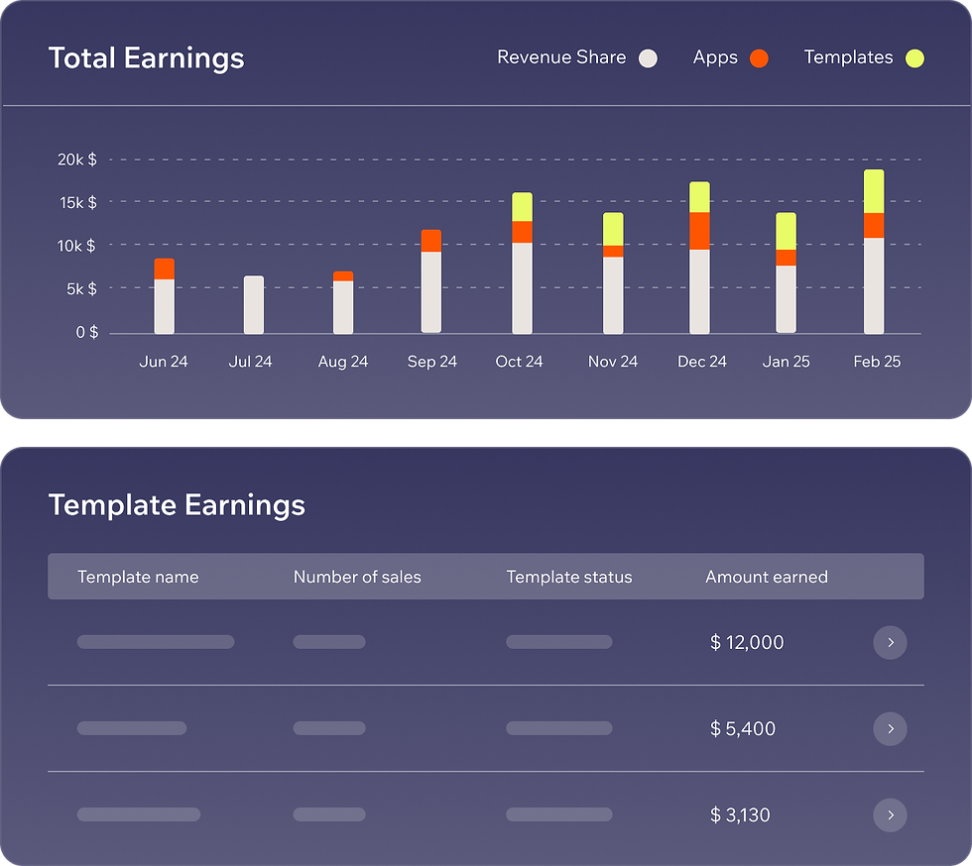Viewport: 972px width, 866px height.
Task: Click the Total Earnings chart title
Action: click(146, 58)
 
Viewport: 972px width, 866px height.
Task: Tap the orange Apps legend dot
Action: click(759, 58)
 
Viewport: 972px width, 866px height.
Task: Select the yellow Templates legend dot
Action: click(914, 58)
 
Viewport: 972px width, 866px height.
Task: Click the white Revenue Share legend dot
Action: click(648, 58)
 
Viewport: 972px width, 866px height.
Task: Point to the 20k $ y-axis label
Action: click(77, 160)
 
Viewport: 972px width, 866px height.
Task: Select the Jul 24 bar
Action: click(254, 304)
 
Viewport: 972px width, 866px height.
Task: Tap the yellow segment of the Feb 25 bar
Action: click(874, 191)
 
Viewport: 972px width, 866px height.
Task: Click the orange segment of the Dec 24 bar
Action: click(700, 231)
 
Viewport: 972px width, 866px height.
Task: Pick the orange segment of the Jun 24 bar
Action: click(165, 269)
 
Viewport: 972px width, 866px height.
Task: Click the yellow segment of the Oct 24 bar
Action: click(522, 207)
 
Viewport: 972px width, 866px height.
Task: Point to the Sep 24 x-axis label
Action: click(432, 362)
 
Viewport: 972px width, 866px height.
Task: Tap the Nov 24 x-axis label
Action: click(613, 362)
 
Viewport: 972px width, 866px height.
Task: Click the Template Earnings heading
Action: click(177, 505)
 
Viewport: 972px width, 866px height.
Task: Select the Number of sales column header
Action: click(357, 577)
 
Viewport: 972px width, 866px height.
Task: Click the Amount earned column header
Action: click(766, 577)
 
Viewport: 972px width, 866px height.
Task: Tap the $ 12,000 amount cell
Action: click(747, 643)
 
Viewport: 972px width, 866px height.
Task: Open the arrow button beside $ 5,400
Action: click(890, 729)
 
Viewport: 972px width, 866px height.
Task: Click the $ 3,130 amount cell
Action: click(740, 815)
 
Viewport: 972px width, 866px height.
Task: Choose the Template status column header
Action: click(569, 577)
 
